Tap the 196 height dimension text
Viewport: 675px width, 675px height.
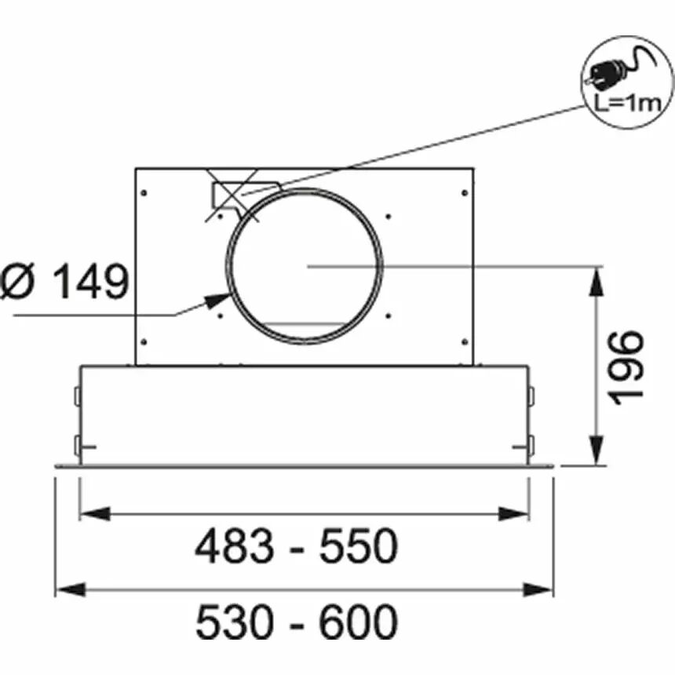point(628,367)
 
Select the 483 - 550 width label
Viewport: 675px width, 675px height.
point(297,546)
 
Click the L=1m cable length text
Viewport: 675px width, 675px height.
point(627,104)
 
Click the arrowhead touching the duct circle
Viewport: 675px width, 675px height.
point(218,300)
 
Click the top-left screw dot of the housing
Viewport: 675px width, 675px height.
point(144,193)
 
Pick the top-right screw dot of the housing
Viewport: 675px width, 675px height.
point(465,193)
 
